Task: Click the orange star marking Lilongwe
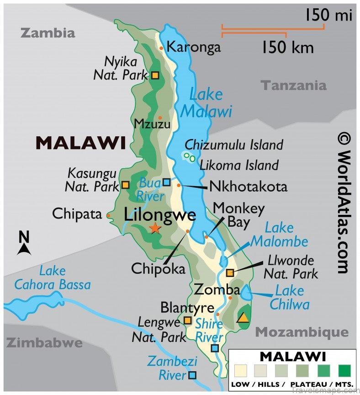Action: [x=155, y=228]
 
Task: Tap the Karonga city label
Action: [x=193, y=47]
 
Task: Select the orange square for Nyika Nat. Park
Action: [x=155, y=75]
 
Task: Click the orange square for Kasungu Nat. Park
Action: [x=125, y=185]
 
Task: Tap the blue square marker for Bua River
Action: [x=167, y=182]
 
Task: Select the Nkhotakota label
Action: [x=248, y=187]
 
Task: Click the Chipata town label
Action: [x=77, y=214]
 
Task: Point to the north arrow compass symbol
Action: [x=24, y=243]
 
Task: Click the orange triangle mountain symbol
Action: [x=244, y=317]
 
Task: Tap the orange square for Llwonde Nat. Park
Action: [x=230, y=273]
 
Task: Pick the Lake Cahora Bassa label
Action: [x=52, y=278]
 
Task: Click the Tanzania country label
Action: [x=294, y=85]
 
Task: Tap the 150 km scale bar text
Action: [x=287, y=47]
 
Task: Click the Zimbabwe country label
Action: [x=44, y=343]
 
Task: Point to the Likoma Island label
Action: [x=239, y=165]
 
